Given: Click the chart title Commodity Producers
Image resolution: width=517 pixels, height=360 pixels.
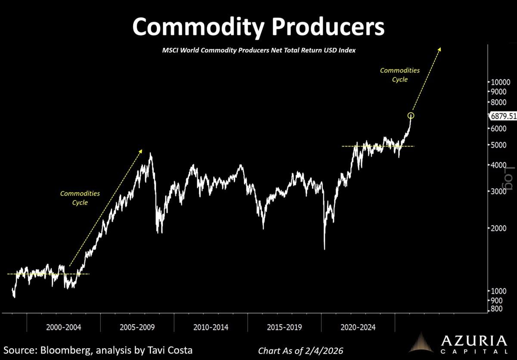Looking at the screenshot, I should point(258,27).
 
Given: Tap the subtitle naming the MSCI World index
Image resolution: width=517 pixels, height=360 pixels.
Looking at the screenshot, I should point(258,50).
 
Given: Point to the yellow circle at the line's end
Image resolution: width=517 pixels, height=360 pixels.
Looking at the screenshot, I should point(411,115).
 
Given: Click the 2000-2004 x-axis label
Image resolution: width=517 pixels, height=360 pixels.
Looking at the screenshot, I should point(64,328).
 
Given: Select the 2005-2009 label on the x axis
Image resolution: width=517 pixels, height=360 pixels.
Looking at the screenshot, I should point(137,328).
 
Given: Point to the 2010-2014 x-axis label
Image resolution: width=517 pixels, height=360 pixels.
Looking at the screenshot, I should point(211,328).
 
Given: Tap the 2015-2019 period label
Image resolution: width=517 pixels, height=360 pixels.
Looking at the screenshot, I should point(284,328).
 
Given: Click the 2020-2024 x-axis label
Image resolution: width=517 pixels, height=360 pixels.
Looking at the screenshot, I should point(358,328).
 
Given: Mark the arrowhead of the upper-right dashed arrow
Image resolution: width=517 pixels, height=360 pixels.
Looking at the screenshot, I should point(439,49).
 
